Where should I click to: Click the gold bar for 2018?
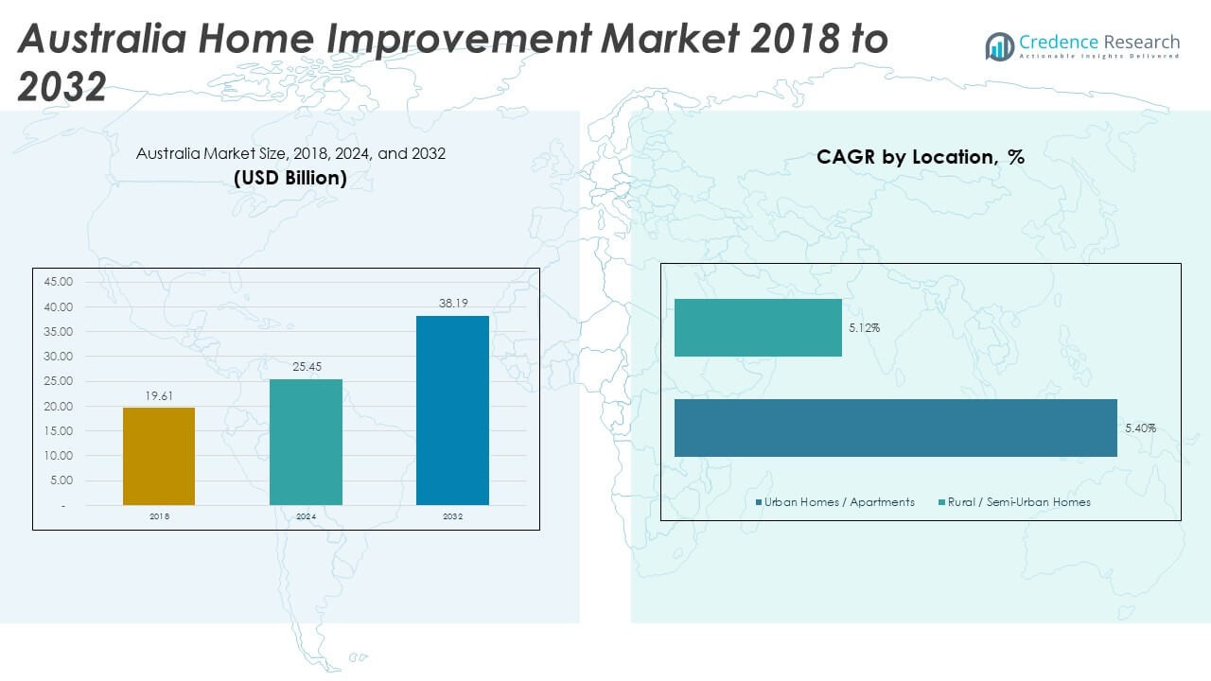pos(159,456)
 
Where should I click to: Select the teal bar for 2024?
pos(306,442)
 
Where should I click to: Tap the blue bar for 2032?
pos(452,410)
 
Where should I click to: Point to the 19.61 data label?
pos(159,396)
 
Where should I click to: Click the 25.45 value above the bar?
pos(306,367)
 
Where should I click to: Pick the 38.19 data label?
pos(452,304)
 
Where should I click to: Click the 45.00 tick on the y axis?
pos(58,282)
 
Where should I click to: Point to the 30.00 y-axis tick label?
pos(58,357)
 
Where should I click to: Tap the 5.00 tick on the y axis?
pos(60,480)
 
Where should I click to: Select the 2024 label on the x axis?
pos(306,516)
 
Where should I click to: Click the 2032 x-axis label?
pos(452,516)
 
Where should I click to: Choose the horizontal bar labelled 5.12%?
pos(758,327)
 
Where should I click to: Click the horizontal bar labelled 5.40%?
pos(895,428)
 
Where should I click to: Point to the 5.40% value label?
pos(1140,428)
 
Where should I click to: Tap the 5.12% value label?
pos(864,328)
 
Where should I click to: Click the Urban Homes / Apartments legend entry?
pos(838,502)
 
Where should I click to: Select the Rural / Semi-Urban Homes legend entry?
pos(1013,502)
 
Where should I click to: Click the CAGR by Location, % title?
pos(921,158)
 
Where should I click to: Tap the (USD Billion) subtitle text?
pos(290,177)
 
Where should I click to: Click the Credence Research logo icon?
pos(999,46)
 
